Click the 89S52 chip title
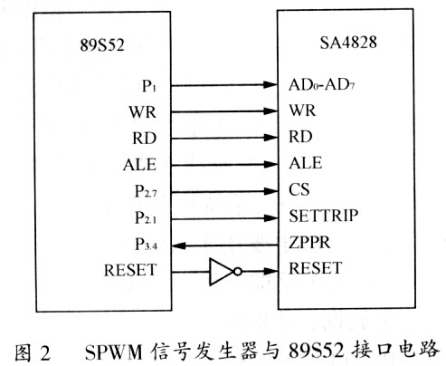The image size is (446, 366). coord(102,45)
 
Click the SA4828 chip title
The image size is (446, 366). coord(348,43)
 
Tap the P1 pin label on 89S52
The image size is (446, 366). coord(149,86)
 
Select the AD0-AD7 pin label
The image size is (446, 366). coord(321,84)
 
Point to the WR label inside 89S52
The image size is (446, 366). coord(143,112)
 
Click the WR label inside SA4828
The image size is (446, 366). coord(302,111)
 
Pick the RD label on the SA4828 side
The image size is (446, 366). coord(300,137)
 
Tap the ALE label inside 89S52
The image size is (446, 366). coord(140,165)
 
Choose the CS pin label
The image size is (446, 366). coord(299,189)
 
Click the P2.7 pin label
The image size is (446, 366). coord(146,191)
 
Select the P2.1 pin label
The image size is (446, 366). coord(146,217)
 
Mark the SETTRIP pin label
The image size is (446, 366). coord(324,216)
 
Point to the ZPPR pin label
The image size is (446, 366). coord(309,242)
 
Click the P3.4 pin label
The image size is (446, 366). coord(146,244)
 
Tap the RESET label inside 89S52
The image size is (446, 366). coord(130,270)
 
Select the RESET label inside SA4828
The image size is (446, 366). coord(316,268)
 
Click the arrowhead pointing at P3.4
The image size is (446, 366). coord(178,246)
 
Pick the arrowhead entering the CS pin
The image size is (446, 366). coord(270,191)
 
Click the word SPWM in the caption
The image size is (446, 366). coord(113,352)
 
